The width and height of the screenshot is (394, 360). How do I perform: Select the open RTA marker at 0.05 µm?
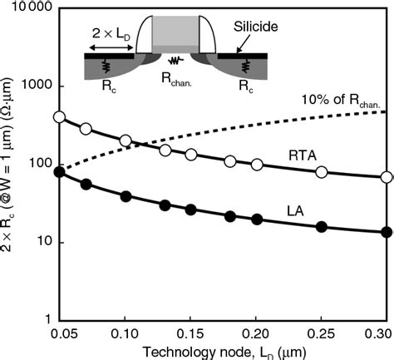point(58,117)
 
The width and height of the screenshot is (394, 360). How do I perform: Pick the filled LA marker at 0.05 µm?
point(58,172)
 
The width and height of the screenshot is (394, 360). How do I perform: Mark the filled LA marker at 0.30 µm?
point(386,232)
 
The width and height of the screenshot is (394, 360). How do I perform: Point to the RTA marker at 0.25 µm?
point(321,172)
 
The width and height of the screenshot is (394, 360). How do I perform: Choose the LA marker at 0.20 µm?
point(256,219)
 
